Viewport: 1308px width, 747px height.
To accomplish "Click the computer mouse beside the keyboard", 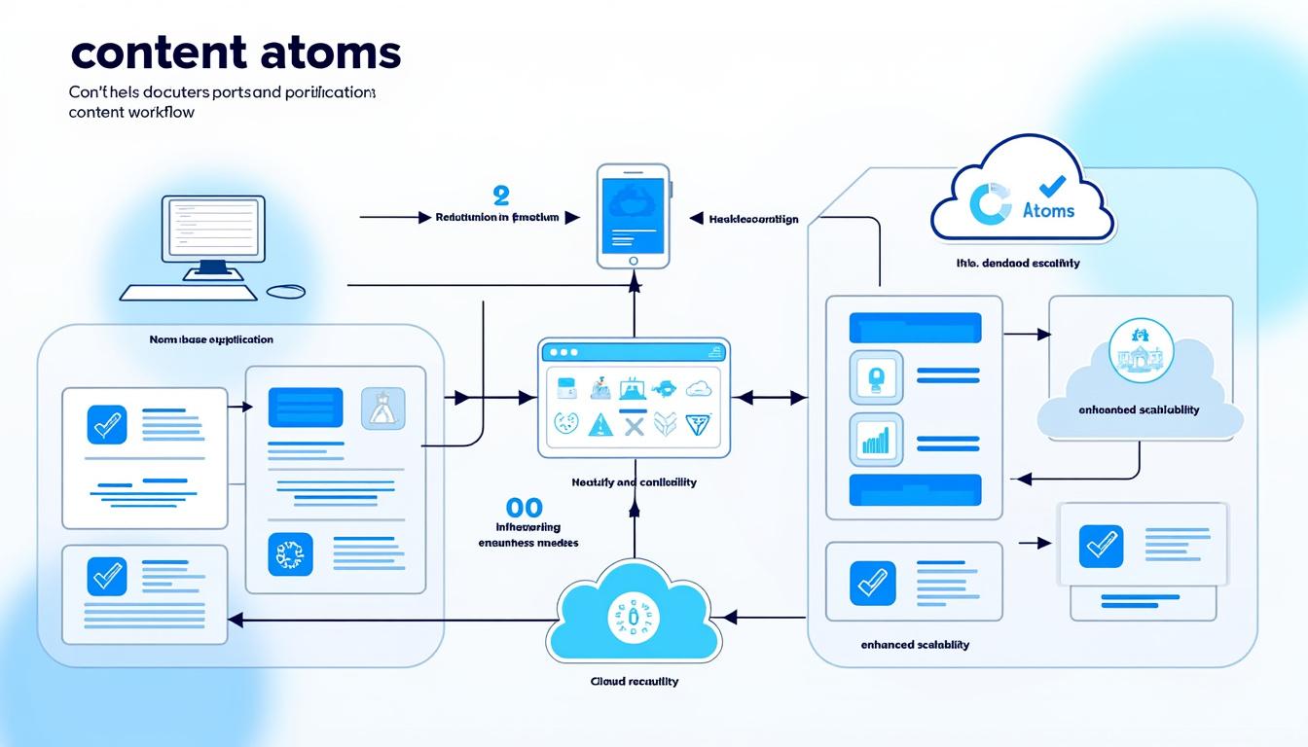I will (285, 291).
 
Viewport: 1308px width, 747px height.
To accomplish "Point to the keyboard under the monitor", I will (189, 292).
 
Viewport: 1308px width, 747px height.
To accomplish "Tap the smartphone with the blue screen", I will (634, 216).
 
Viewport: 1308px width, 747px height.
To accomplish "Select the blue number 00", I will (525, 507).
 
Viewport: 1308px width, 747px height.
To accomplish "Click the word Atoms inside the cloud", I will (1049, 210).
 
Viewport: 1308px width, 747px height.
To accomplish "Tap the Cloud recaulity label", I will (634, 681).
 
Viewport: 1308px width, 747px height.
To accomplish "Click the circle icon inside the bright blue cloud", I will (634, 618).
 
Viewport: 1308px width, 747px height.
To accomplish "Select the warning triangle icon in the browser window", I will (600, 424).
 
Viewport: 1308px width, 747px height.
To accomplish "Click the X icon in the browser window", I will (634, 424).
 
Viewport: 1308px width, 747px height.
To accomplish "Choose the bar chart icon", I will (876, 442).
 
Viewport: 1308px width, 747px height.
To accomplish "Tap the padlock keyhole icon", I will (876, 377).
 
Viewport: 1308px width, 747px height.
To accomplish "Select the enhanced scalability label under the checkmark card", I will (915, 645).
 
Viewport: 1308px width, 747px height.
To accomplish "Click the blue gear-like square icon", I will (290, 555).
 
